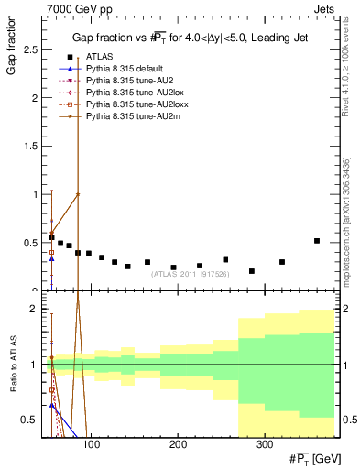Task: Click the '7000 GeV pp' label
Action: (71, 8)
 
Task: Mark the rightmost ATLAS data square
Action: (317, 241)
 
